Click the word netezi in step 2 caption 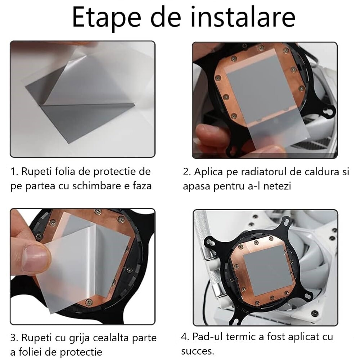click(278, 186)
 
